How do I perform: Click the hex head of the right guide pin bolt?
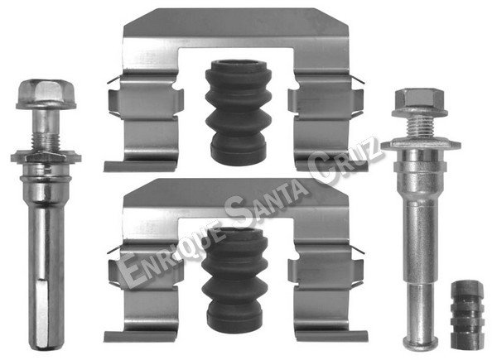point(419,102)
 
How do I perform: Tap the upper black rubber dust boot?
point(239,112)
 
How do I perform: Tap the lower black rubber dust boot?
point(235,280)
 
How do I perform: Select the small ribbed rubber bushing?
point(467,314)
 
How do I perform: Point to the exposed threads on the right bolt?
point(420,127)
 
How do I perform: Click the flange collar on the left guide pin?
point(46,156)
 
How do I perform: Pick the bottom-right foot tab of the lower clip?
point(331,336)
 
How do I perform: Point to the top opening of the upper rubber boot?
point(239,64)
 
